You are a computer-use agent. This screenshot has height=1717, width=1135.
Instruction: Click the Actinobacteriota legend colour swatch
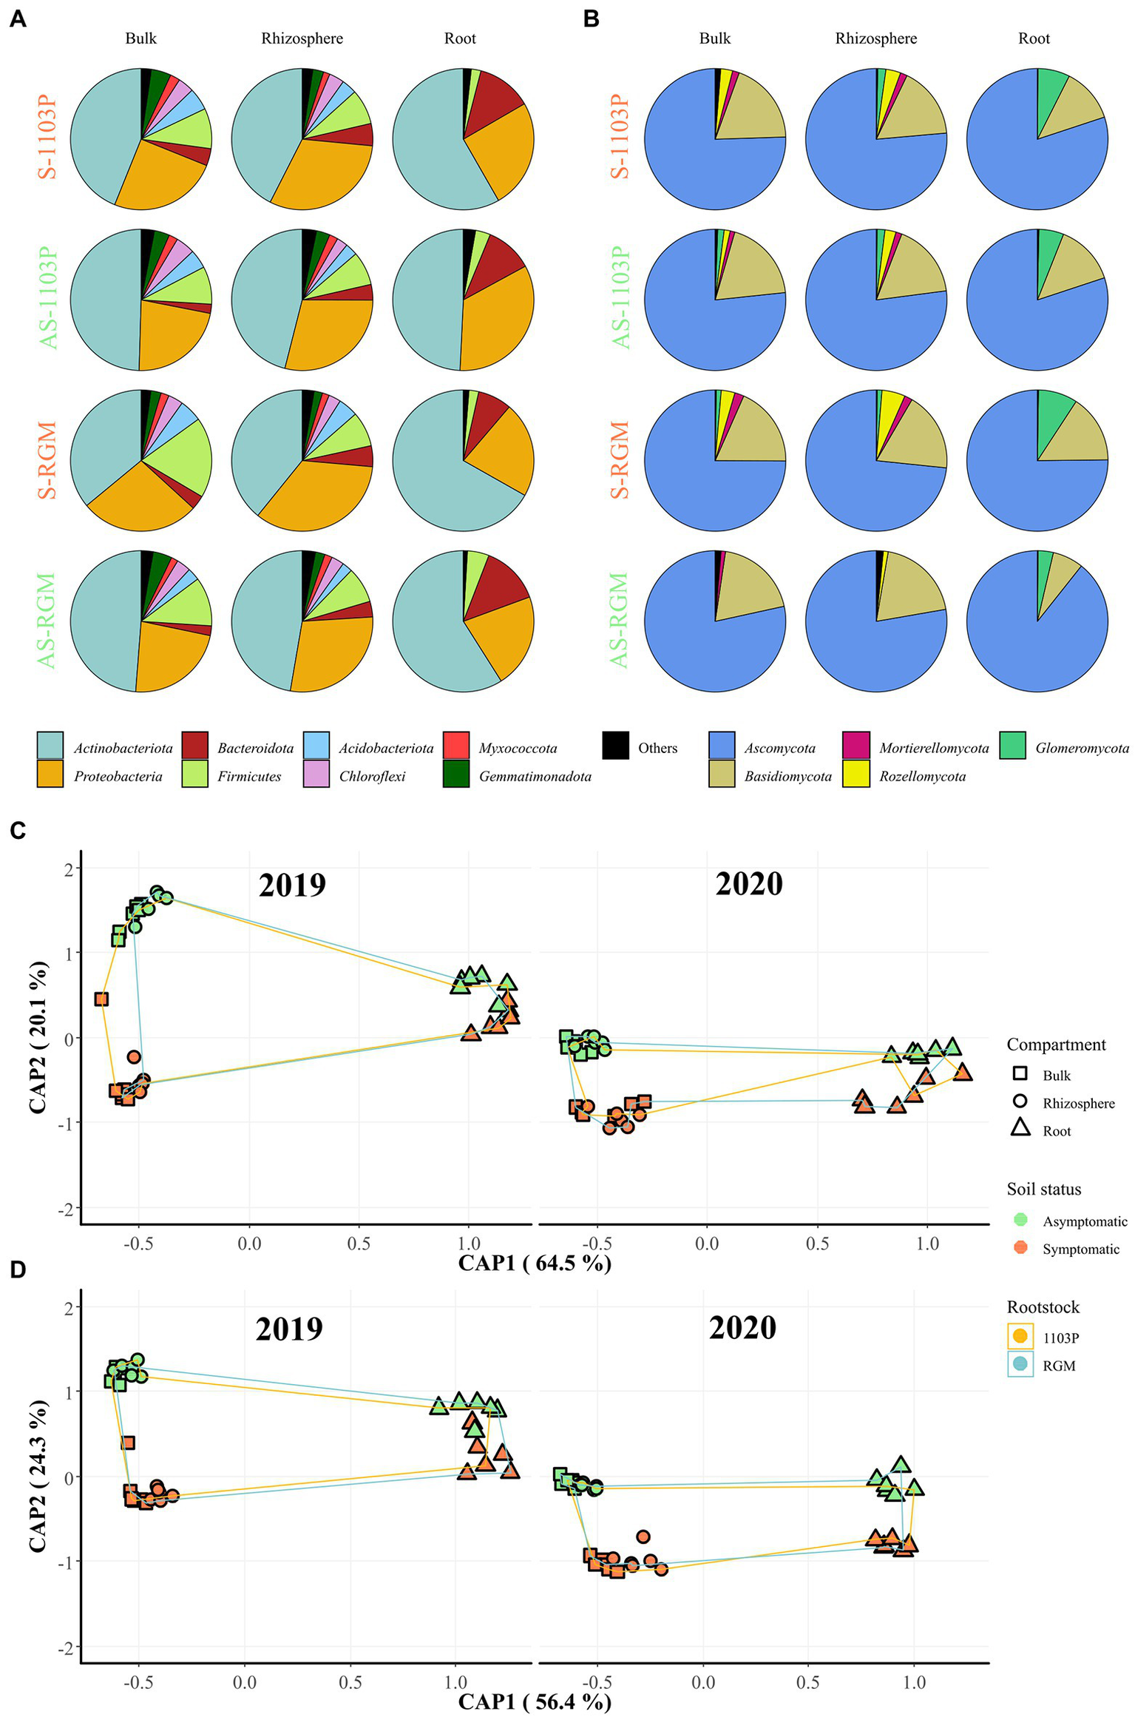coord(50,746)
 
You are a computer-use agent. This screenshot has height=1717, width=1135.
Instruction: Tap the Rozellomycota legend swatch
coord(856,774)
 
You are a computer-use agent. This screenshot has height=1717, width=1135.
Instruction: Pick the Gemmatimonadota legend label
coord(535,776)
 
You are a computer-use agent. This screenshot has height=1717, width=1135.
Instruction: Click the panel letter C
coord(18,830)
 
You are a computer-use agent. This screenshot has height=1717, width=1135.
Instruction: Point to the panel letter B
coord(591,19)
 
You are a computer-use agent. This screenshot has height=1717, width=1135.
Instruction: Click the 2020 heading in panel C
coord(748,884)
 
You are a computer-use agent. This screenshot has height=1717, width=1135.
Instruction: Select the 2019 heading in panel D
coord(289,1329)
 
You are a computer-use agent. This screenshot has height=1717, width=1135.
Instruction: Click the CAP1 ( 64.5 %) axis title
coord(535,1262)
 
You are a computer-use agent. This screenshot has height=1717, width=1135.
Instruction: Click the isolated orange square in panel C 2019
coord(101,999)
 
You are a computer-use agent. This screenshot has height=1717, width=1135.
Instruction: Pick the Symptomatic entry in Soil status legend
coord(1080,1249)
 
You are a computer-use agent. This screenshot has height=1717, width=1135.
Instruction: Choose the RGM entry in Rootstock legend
coord(1058,1366)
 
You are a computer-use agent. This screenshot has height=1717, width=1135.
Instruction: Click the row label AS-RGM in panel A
coord(46,620)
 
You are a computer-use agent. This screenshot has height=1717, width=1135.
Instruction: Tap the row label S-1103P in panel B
coord(620,138)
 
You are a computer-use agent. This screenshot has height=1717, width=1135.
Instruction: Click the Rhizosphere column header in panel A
coord(302,38)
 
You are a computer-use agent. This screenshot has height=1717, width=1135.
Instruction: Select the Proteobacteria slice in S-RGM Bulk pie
coord(140,503)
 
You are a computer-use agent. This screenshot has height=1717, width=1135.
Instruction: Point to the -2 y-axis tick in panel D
coord(70,1647)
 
